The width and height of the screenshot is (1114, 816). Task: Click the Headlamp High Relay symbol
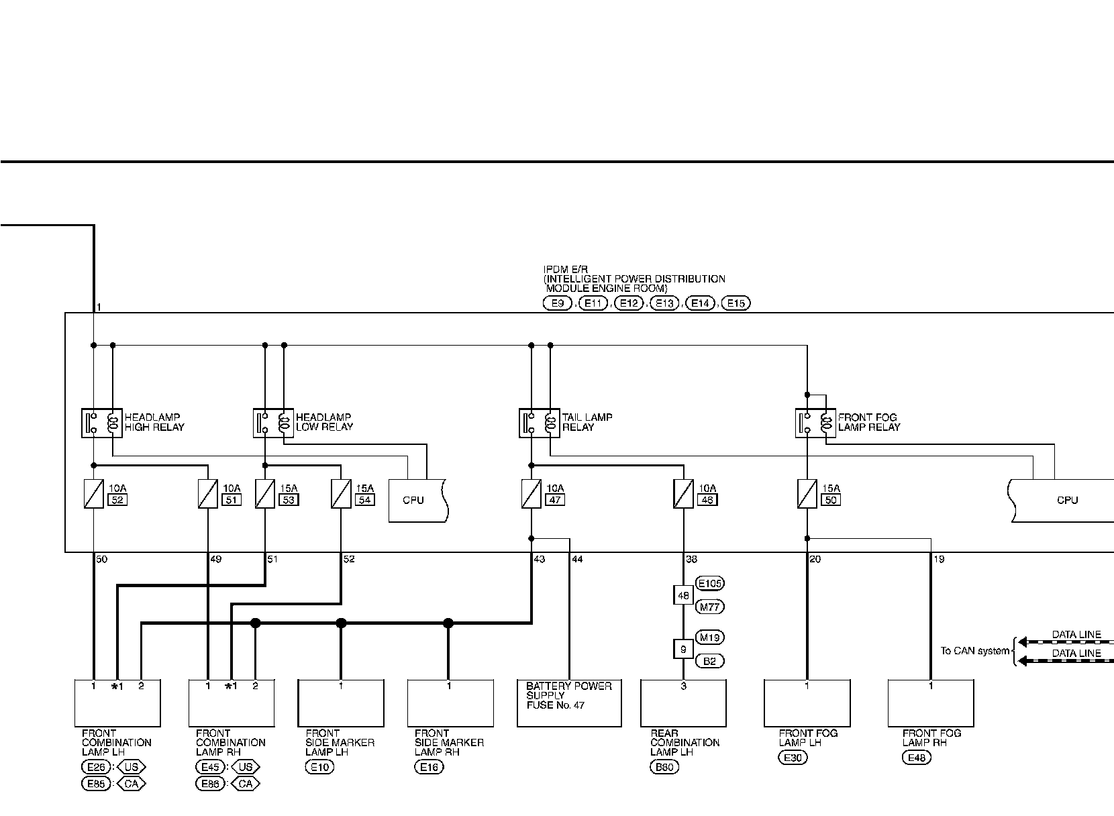coord(102,423)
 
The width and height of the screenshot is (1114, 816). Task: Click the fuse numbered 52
coord(93,495)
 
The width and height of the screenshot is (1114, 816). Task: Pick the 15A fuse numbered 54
coord(341,495)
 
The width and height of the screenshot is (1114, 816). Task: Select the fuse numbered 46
coord(683,495)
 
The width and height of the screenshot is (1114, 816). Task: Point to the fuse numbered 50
coord(807,495)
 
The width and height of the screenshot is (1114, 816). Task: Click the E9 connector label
coord(557,303)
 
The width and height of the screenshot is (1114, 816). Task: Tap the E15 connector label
coord(736,303)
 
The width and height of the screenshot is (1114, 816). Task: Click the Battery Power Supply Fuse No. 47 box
coord(569,703)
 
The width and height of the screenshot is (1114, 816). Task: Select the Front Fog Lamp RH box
coord(930,703)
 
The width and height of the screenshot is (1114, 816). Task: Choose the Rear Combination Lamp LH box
coord(683,703)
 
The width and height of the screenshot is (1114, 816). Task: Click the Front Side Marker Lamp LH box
coord(341,703)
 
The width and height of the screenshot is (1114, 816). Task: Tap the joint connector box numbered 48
coord(683,595)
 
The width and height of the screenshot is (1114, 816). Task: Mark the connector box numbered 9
coord(683,649)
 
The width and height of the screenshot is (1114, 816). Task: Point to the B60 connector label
coord(664,768)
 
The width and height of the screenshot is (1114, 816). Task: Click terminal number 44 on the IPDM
coord(577,559)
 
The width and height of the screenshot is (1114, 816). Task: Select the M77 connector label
coord(711,607)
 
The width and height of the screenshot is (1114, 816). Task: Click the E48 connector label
coord(917,758)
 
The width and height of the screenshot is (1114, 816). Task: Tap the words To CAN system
coord(974,650)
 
